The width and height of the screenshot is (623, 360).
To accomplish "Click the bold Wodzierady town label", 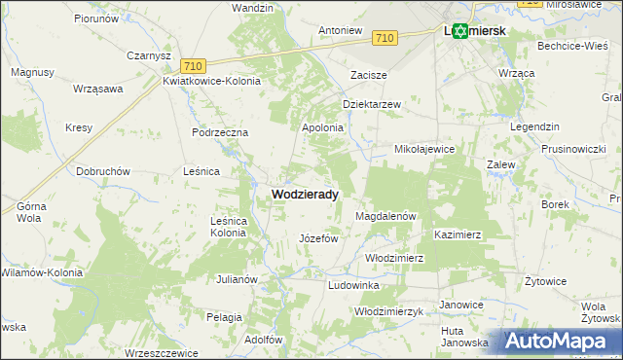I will pyautogui.click(x=305, y=195).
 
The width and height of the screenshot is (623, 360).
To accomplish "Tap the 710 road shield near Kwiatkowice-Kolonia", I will pyautogui.click(x=194, y=65).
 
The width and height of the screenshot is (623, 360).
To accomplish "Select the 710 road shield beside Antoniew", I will pyautogui.click(x=385, y=38).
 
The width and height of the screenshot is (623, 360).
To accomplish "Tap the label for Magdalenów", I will pyautogui.click(x=386, y=216).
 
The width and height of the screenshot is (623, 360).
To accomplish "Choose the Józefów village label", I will pyautogui.click(x=317, y=238).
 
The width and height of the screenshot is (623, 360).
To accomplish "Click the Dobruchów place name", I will pyautogui.click(x=103, y=171).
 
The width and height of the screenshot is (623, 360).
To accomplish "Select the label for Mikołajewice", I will pyautogui.click(x=424, y=150).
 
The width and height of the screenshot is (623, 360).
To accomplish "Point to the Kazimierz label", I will pyautogui.click(x=458, y=235).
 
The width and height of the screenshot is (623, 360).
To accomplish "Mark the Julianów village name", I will pyautogui.click(x=237, y=279).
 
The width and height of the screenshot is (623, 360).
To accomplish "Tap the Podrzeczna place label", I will pyautogui.click(x=221, y=132).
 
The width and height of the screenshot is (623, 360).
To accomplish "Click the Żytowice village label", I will pyautogui.click(x=545, y=281).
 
